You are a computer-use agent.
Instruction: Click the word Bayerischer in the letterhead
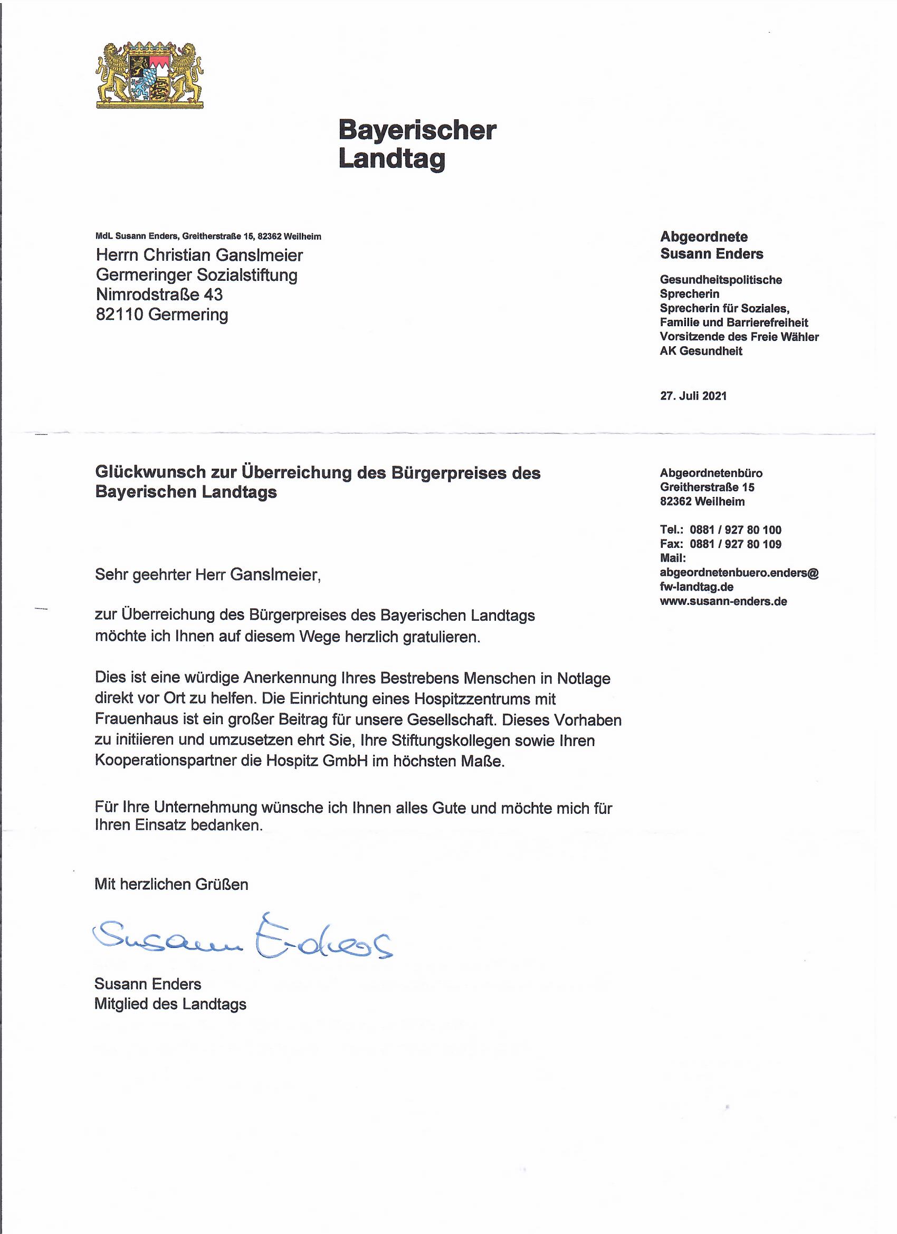point(417,130)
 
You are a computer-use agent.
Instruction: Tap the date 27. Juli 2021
point(693,395)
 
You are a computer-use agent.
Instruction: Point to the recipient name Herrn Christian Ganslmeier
point(199,254)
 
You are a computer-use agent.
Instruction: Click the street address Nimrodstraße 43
point(159,295)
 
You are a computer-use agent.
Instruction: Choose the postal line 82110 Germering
point(161,315)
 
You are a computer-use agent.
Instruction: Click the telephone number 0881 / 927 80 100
point(735,529)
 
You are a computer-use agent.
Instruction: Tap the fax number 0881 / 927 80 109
point(735,544)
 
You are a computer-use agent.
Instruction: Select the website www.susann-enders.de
point(723,601)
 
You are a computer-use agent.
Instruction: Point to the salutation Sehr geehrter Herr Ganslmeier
point(208,575)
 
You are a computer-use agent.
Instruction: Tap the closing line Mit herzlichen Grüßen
point(171,884)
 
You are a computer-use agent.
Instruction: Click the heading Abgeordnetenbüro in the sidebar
point(711,473)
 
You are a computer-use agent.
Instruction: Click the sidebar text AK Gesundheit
point(701,351)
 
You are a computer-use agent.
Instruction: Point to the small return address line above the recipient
point(208,236)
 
